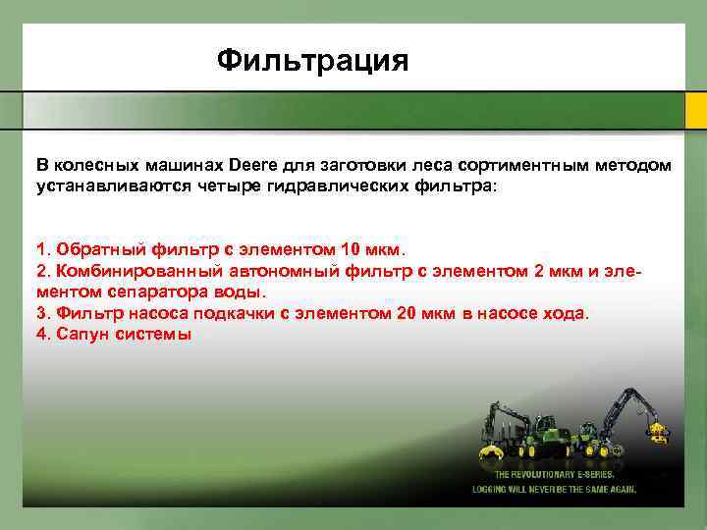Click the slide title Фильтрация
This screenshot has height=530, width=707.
(x=311, y=61)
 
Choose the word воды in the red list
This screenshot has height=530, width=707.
(x=239, y=291)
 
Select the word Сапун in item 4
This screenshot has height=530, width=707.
(x=80, y=335)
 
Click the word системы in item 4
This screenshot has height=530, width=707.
(x=154, y=335)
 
